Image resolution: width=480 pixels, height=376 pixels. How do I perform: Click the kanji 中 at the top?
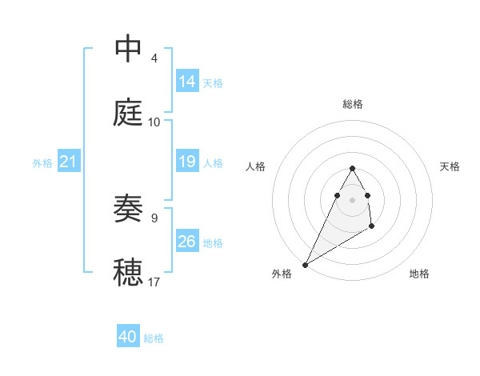tap(128, 49)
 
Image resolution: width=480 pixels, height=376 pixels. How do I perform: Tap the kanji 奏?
tap(128, 208)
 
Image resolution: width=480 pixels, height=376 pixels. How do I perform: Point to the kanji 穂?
tap(128, 272)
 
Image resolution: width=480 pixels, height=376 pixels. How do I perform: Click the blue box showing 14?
tap(187, 82)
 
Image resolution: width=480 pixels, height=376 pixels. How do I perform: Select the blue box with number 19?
tap(187, 162)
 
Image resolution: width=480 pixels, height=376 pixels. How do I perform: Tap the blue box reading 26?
tap(187, 242)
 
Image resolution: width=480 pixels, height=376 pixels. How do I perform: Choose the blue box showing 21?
tap(68, 162)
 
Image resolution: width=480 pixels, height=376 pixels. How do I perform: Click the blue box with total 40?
tap(127, 337)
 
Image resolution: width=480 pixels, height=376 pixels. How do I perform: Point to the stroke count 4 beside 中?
tap(154, 58)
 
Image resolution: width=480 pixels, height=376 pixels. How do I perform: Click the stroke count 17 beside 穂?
tap(154, 282)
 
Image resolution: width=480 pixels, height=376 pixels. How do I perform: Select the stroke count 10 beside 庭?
tap(154, 122)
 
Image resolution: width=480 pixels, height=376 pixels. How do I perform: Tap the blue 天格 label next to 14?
tap(213, 82)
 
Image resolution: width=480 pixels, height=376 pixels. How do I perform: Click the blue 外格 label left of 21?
tap(42, 163)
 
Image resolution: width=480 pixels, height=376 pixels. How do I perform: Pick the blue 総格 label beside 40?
tap(154, 338)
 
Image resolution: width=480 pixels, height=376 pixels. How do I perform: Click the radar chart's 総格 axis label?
tap(353, 104)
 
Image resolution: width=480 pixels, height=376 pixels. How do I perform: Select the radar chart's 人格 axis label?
tap(256, 166)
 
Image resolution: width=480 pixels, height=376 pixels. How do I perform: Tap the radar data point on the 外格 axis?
tap(305, 264)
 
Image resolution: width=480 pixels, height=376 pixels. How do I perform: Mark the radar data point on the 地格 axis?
tap(372, 227)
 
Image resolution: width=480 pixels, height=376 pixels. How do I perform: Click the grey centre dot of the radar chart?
tap(353, 199)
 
